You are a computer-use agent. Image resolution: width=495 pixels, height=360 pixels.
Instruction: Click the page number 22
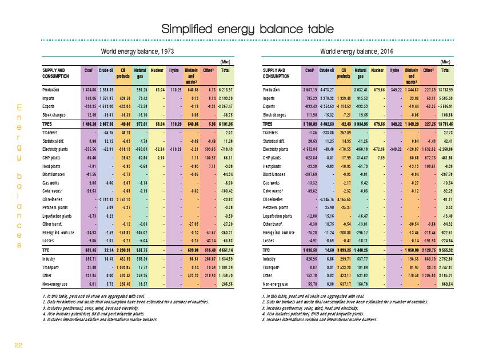[x=18, y=345]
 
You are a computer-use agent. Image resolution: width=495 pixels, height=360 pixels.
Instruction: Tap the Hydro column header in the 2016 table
[x=394, y=70]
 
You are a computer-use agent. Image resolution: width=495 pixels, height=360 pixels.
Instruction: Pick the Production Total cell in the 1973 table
[x=225, y=90]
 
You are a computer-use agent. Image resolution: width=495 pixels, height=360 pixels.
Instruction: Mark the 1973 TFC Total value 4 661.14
[x=225, y=250]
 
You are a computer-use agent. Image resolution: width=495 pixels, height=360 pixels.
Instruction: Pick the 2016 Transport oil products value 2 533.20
[x=342, y=267]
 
